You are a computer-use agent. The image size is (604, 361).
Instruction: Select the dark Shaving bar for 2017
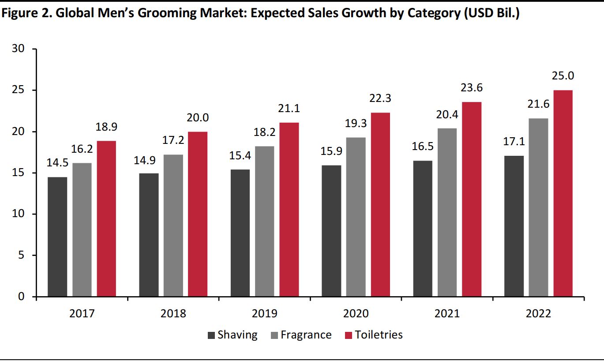(x=57, y=237)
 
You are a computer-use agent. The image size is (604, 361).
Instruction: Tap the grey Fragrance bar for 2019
(x=264, y=221)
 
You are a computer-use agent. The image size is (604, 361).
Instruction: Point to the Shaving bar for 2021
(x=423, y=229)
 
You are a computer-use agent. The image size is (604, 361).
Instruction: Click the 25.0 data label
(x=563, y=76)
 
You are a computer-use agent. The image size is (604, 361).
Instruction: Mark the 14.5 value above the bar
(x=57, y=163)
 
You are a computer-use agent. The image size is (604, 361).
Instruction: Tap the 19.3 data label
(x=356, y=124)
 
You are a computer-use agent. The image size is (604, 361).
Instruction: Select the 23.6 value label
(x=472, y=88)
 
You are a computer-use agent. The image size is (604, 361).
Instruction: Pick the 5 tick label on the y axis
(x=21, y=256)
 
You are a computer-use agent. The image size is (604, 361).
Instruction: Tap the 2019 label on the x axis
(x=264, y=314)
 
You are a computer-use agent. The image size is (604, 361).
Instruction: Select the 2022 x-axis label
(x=539, y=314)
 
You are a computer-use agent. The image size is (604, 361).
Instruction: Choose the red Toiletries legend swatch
(x=348, y=335)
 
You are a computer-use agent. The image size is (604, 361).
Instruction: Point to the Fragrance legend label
(x=306, y=335)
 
